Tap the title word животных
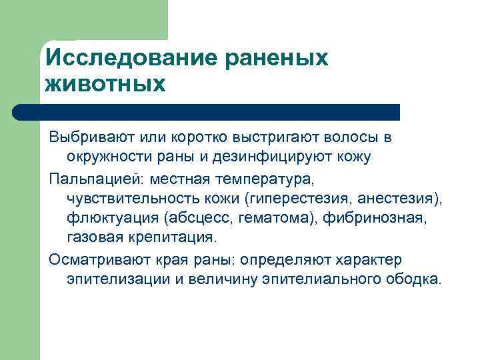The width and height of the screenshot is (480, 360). tap(104, 84)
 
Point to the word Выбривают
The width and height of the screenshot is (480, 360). tap(92, 137)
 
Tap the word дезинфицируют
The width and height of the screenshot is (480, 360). tap(281, 157)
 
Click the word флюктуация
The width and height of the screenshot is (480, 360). tap(107, 217)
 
